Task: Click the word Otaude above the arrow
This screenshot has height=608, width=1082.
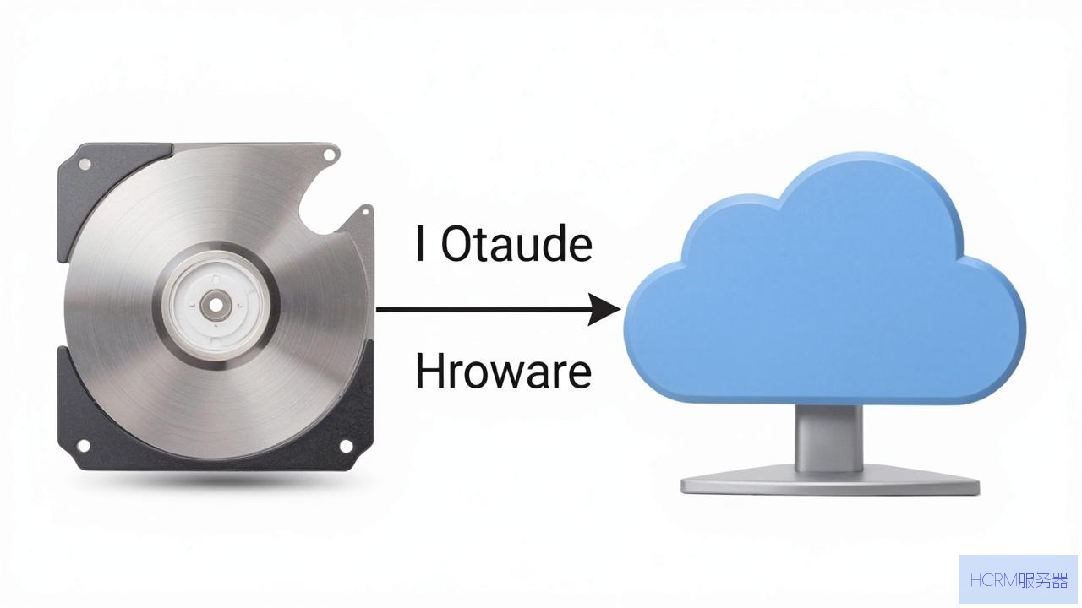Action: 516,244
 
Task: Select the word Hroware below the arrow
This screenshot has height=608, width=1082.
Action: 503,371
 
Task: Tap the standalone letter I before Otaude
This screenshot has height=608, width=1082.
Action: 420,244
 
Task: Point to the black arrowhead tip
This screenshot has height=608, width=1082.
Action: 620,309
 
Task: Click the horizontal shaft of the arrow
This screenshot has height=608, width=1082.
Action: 483,309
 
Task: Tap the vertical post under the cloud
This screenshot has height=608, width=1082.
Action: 829,438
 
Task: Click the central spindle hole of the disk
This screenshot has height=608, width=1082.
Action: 216,305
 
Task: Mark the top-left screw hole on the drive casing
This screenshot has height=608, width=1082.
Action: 85,164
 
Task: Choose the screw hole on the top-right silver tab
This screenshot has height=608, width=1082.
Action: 330,155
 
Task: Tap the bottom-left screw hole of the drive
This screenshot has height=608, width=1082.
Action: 84,445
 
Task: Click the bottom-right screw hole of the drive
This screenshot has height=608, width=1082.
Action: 346,446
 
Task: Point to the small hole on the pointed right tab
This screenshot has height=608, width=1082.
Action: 365,212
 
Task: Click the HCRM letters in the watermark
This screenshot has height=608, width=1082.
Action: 993,580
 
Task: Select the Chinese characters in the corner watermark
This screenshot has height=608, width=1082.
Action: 1042,580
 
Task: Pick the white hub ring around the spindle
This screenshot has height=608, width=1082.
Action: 216,305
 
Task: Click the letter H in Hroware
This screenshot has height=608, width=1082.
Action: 429,371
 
